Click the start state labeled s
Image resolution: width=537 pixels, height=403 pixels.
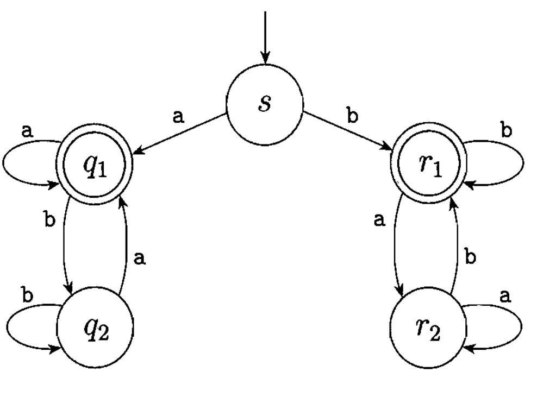[x=265, y=103]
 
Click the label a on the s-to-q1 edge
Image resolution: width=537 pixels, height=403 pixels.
[x=178, y=116]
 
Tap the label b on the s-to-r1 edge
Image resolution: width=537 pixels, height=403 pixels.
[x=353, y=116]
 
